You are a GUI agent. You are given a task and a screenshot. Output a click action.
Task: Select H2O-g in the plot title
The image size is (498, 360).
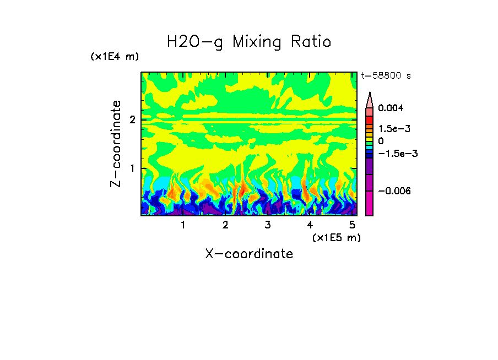coord(195,42)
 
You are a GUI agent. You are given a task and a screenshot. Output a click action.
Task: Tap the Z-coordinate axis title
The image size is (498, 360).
coord(116,144)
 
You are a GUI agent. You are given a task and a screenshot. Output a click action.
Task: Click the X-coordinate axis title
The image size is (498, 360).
coord(249,254)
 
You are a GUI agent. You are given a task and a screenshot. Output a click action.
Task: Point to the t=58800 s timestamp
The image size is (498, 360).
coord(386,76)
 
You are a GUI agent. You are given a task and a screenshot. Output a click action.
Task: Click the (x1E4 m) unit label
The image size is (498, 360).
coord(115,57)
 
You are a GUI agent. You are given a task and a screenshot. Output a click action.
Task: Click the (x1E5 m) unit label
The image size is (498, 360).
coord(336,237)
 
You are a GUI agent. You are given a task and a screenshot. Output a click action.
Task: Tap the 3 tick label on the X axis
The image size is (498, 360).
coord(267,225)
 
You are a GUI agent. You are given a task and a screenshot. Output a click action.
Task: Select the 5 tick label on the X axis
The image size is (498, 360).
coord(352,225)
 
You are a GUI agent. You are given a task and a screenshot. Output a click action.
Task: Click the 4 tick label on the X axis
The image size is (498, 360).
coord(310,225)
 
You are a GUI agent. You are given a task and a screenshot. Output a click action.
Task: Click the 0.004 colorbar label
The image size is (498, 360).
coord(391,108)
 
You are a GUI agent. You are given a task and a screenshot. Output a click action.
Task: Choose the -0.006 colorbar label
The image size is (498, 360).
coord(393,191)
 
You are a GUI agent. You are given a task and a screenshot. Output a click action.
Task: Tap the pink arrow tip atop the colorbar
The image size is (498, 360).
coord(370,99)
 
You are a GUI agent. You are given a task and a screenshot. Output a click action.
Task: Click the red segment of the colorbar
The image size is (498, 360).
coord(370,119)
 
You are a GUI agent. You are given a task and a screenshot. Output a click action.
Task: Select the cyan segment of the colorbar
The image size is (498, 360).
coord(370,148)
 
